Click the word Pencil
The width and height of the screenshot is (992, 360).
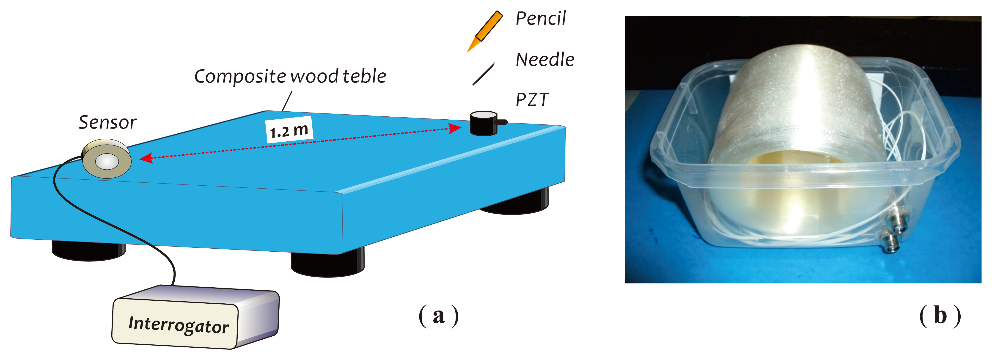click(540, 19)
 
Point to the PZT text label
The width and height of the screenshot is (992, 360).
click(532, 100)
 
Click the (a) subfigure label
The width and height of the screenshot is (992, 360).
click(439, 316)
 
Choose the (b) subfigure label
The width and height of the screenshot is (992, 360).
click(940, 316)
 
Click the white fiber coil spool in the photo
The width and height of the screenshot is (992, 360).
click(797, 146)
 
